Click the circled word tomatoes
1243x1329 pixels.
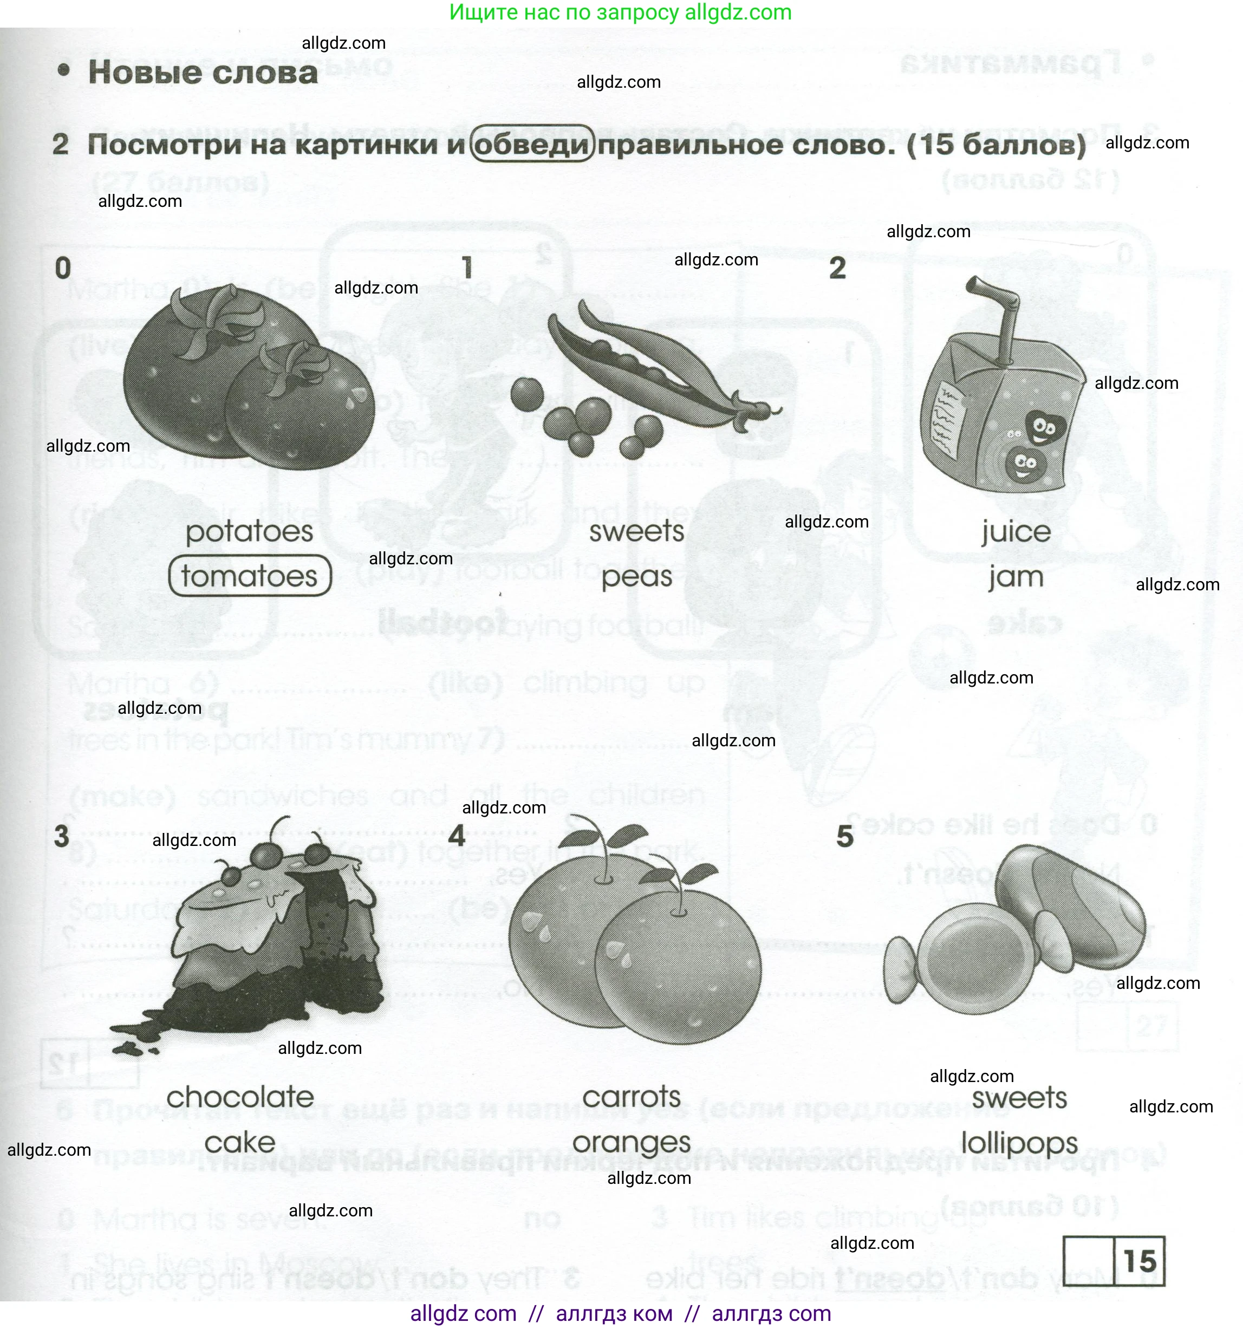coord(249,576)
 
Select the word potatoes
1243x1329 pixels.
coord(249,532)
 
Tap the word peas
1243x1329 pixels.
coord(636,577)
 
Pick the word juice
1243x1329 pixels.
coord(1016,532)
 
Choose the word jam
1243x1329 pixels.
coord(1016,577)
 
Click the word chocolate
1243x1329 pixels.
coord(240,1097)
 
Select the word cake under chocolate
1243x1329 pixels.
coord(240,1143)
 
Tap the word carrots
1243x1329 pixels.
coord(631,1097)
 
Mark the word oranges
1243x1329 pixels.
coord(631,1143)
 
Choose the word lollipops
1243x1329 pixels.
coord(1019,1143)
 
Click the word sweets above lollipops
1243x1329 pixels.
coord(1019,1098)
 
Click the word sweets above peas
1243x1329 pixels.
coord(636,532)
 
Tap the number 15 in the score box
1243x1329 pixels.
coord(1140,1261)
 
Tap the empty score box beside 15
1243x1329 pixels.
coord(1089,1261)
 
